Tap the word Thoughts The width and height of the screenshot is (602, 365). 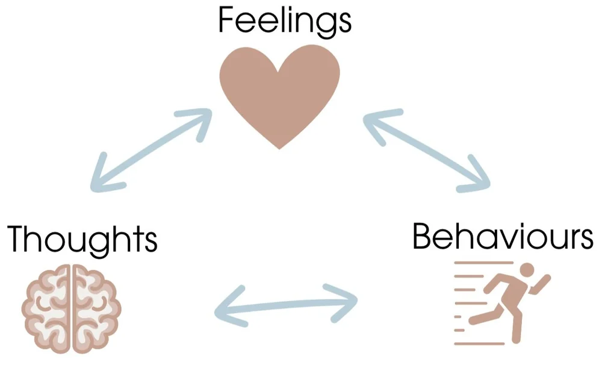(82, 239)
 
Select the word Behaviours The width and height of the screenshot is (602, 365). (503, 238)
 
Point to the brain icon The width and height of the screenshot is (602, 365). (72, 308)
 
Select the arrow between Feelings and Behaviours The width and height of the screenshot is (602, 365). (428, 150)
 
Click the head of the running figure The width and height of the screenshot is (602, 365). (526, 269)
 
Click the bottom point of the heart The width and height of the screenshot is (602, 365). (279, 145)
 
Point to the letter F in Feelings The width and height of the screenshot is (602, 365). (226, 20)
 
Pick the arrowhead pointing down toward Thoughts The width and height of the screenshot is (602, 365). (102, 178)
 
